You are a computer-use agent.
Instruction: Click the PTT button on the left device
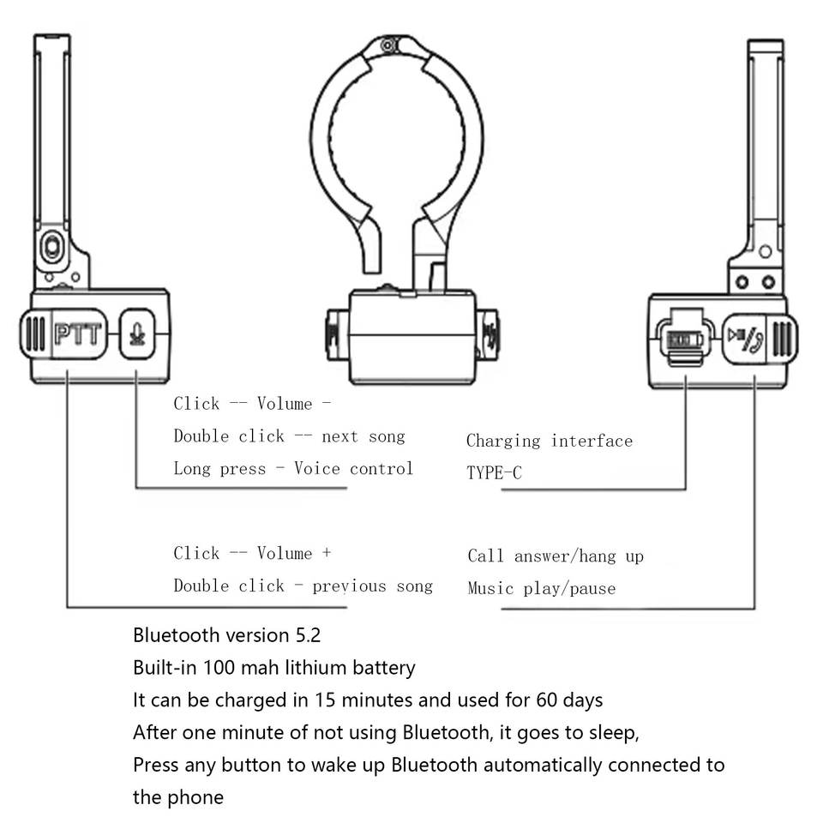pos(79,333)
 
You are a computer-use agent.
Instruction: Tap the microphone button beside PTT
pos(137,333)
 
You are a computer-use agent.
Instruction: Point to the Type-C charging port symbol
pos(684,339)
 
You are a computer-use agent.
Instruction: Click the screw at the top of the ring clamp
pos(388,45)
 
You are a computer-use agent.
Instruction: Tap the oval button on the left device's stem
pos(52,247)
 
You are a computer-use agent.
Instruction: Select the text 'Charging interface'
pos(549,441)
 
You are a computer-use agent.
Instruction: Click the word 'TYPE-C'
pos(494,473)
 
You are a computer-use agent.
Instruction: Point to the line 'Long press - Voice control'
pos(293,468)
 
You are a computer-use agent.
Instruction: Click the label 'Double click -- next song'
pos(289,436)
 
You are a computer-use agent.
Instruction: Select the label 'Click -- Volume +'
pos(252,553)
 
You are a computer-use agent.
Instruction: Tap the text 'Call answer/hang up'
pos(556,556)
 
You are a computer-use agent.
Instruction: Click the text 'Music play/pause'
pos(541,588)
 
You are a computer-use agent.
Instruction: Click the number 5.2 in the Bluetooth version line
pos(308,635)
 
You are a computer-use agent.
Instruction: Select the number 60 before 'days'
pos(546,700)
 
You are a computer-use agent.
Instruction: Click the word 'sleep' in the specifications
pos(612,733)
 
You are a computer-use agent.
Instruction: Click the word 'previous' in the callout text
pos(349,586)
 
